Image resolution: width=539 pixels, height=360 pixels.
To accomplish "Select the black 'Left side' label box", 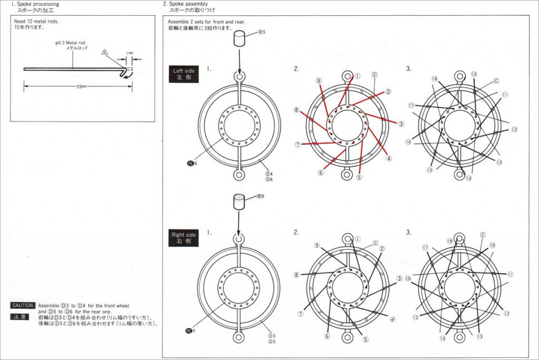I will click(182, 73).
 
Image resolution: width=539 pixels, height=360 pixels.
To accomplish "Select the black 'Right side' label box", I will click(182, 238).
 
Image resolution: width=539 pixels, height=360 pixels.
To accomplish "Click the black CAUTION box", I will click(23, 305).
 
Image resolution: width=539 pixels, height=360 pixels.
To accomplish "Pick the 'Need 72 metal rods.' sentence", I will click(36, 22).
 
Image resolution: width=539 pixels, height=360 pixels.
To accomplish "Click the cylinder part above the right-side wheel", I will click(239, 202).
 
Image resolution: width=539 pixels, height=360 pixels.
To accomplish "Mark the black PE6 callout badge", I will click(192, 163).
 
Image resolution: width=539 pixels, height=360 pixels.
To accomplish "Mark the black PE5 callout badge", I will click(192, 331).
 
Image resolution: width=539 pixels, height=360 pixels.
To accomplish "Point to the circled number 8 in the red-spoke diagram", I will click(297, 110).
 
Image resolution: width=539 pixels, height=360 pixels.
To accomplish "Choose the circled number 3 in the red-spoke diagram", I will click(401, 124).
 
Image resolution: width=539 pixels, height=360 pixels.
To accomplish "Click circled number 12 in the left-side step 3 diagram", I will click(514, 129).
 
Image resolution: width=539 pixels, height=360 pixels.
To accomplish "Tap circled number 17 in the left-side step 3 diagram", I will click(411, 105).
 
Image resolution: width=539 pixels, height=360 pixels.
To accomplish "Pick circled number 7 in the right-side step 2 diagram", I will click(301, 314).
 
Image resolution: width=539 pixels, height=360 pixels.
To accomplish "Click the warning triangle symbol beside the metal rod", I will click(105, 53).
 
